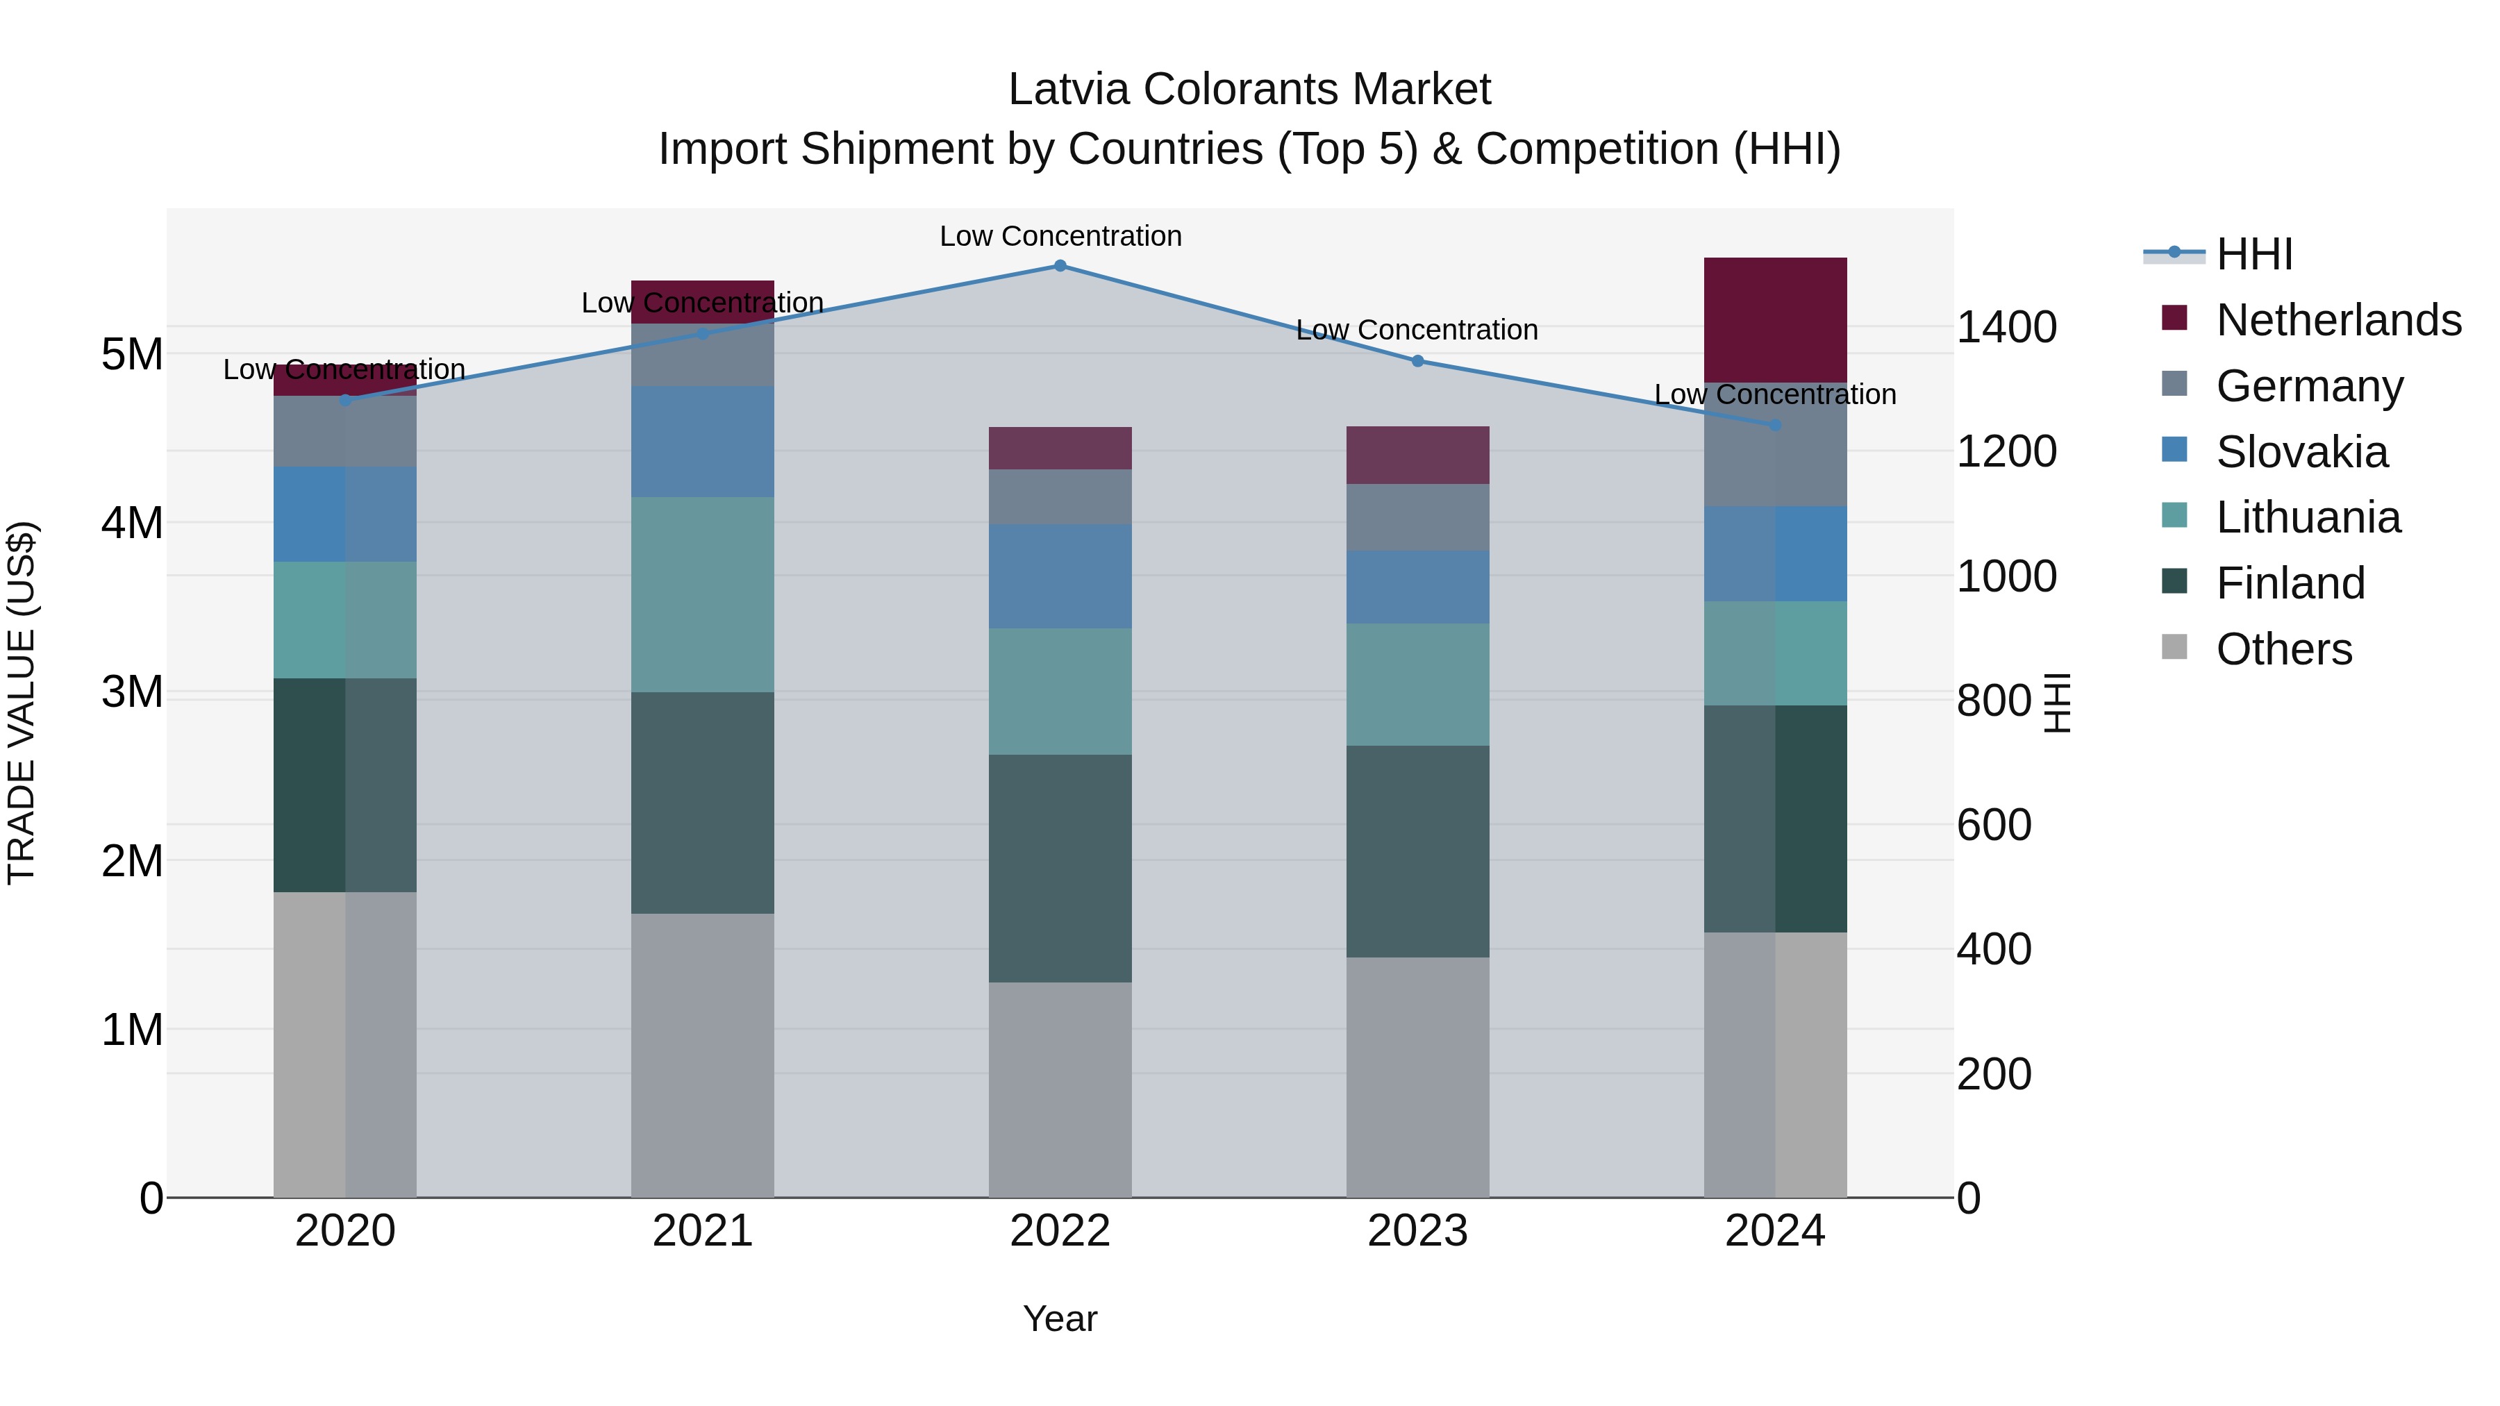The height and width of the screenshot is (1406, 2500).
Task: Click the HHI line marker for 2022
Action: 1060,266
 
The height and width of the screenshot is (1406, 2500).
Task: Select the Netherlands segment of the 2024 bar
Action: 1775,319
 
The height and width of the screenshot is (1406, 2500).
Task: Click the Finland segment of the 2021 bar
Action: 703,803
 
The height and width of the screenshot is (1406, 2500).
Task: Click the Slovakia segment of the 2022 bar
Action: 1060,576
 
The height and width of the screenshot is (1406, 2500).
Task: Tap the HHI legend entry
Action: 2253,254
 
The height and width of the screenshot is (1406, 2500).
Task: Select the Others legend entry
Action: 2283,648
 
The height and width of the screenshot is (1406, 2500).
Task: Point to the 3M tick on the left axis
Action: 132,692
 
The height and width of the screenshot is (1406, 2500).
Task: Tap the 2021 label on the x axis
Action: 703,1231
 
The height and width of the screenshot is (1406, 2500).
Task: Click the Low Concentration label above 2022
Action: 1060,236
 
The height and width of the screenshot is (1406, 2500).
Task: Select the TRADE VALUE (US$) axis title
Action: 22,703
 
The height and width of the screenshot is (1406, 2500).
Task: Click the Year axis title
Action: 1060,1319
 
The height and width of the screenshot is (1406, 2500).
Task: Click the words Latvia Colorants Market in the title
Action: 1249,90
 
